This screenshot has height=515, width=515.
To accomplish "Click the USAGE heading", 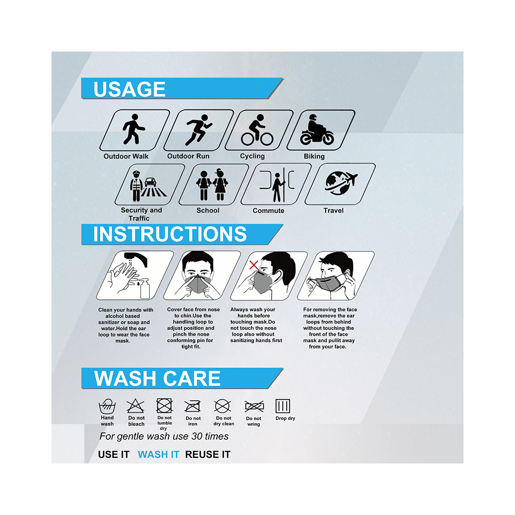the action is click(x=129, y=89).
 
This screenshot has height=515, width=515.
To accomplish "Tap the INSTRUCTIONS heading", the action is click(x=170, y=234).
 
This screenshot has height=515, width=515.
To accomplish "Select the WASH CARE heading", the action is click(x=157, y=379).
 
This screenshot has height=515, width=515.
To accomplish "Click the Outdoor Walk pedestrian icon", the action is click(x=133, y=129).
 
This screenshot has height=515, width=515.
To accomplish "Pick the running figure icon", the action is click(x=199, y=130).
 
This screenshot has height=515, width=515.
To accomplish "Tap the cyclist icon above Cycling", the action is click(x=257, y=130).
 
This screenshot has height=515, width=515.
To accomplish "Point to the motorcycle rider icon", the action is click(x=317, y=130).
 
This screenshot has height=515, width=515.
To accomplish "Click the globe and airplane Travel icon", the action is click(x=341, y=183).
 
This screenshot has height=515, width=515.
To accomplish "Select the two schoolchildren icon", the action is click(x=212, y=184).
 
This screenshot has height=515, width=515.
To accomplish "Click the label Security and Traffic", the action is click(x=141, y=214).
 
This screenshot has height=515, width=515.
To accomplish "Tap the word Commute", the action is click(x=268, y=211).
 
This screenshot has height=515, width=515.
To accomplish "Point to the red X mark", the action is click(x=254, y=265).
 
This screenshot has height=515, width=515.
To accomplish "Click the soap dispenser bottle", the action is click(x=145, y=288).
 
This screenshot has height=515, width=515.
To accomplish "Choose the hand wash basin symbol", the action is click(x=107, y=407).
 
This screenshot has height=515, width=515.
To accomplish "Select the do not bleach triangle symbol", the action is click(x=135, y=406).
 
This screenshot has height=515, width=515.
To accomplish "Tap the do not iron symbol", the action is click(x=193, y=407).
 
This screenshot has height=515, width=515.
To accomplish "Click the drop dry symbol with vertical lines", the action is click(x=283, y=406).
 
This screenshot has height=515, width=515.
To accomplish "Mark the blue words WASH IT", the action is click(x=159, y=454).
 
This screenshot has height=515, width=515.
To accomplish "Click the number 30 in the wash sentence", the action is click(x=197, y=436).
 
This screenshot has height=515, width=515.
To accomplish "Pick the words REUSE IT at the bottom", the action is click(x=208, y=454).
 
